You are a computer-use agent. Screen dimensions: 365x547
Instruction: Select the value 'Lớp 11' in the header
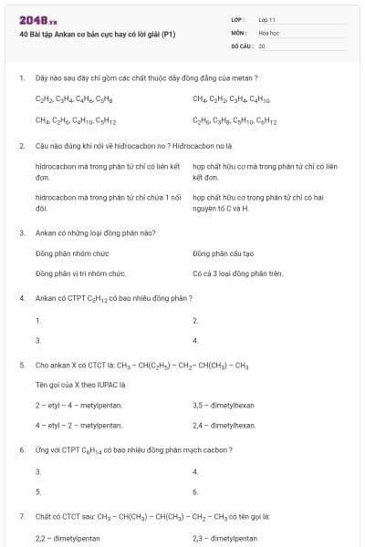point(266,18)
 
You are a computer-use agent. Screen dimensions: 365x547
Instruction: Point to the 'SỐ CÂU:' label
point(241,45)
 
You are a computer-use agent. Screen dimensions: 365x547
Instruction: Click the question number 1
point(20,78)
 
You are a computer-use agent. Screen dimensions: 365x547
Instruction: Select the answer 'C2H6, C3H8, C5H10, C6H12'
point(235,119)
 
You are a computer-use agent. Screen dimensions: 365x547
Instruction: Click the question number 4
point(20,298)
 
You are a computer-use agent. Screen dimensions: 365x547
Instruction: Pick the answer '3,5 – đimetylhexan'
point(224,405)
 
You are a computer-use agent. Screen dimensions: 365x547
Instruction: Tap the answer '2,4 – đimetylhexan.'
point(224,425)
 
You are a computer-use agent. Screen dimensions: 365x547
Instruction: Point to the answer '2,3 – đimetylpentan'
point(225,538)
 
